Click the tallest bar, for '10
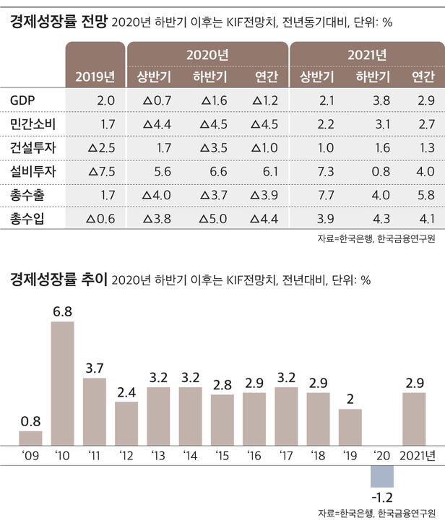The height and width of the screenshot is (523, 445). pyautogui.click(x=62, y=382)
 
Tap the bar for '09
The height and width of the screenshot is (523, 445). pyautogui.click(x=30, y=439)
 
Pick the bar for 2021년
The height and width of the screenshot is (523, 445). pyautogui.click(x=414, y=420)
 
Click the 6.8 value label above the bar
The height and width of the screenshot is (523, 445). pyautogui.click(x=62, y=312)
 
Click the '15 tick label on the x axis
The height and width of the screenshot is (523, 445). pyautogui.click(x=222, y=456)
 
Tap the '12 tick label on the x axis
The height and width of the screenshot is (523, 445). pyautogui.click(x=126, y=456)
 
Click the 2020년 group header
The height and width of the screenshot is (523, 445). pyautogui.click(x=207, y=55)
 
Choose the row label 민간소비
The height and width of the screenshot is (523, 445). pyautogui.click(x=33, y=124)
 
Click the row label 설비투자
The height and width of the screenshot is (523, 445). pyautogui.click(x=33, y=171)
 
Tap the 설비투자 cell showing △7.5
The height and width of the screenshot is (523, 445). pyautogui.click(x=100, y=171)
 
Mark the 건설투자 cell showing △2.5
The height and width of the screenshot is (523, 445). pyautogui.click(x=100, y=147)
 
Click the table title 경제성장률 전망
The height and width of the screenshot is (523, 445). pyautogui.click(x=59, y=22)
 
